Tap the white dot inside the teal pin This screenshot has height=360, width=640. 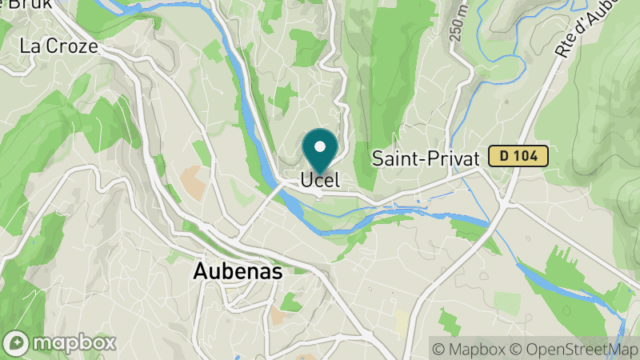pos(321,146)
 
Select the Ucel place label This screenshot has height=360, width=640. pos(320,181)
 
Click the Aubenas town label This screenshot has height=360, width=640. pos(238,272)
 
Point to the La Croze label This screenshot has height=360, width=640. pos(58,46)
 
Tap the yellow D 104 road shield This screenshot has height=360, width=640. pos(518,157)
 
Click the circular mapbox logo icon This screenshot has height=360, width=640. pos(18,343)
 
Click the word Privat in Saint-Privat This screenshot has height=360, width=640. pos(454,158)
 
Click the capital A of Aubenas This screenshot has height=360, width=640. pos(200,272)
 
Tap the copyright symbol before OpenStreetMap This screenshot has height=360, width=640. pos(515,349)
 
